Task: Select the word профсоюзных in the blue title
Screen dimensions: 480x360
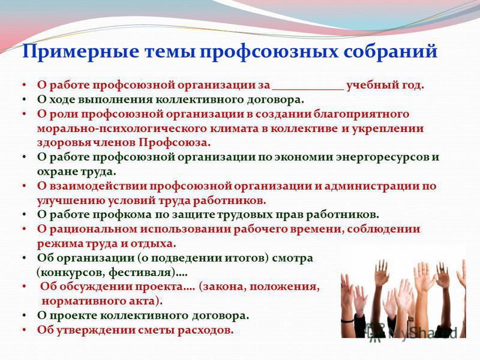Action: (x=269, y=52)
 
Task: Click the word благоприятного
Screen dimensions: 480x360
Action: (x=361, y=115)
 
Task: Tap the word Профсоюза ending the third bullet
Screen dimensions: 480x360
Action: (x=175, y=143)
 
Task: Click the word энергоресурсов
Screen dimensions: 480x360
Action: (x=382, y=157)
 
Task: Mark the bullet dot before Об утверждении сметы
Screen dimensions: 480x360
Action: (x=25, y=331)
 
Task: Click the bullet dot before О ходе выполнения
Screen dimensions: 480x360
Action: (x=25, y=100)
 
